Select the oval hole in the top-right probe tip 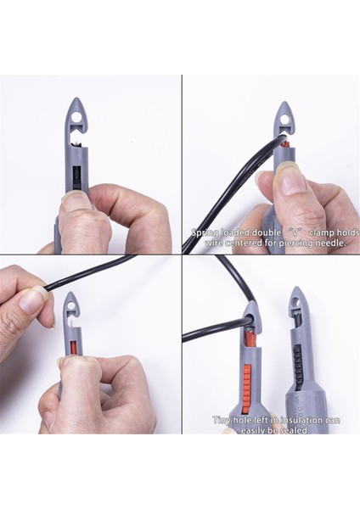[x=284, y=116]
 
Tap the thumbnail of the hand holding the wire [x=32, y=299]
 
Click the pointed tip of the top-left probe [x=76, y=101]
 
